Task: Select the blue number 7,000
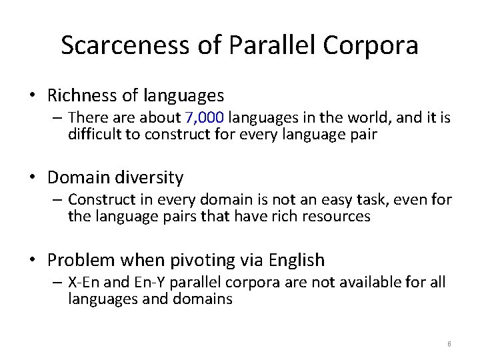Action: click(x=205, y=118)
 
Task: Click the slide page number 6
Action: click(x=449, y=344)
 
